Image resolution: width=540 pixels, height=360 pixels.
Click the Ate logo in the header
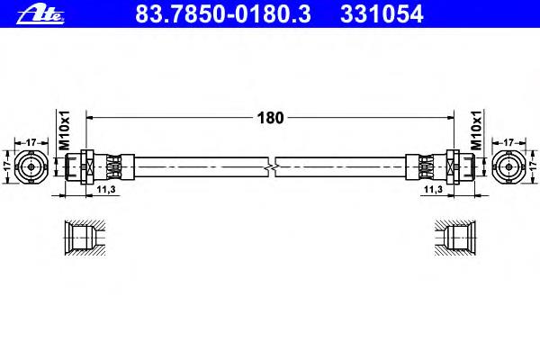(40, 13)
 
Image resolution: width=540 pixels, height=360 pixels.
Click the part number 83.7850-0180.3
(223, 13)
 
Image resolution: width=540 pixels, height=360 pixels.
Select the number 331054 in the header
(382, 13)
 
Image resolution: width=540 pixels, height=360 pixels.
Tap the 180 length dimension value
(270, 118)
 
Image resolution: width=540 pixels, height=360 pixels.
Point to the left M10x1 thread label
(65, 130)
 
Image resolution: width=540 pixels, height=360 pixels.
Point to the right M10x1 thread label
(476, 130)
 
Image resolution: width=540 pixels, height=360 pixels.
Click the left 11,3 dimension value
(105, 190)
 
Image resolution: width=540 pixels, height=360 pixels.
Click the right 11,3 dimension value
(433, 190)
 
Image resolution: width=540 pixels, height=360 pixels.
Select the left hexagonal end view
(31, 167)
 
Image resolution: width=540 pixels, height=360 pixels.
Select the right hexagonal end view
(509, 167)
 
